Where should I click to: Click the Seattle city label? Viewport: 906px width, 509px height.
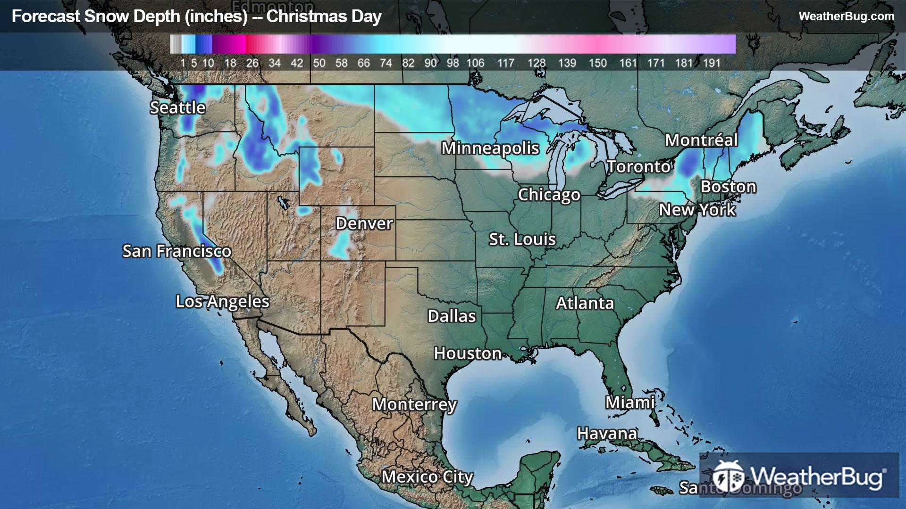coord(177,108)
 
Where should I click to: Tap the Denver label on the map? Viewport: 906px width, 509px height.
coord(364,223)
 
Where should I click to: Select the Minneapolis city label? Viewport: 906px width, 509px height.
coord(490,148)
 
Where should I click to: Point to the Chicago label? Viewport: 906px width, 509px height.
coord(549,195)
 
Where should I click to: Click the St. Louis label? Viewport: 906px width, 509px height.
coord(522,239)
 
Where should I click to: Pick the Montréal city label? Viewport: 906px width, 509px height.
coord(701,140)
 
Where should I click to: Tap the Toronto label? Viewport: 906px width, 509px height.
coord(638,166)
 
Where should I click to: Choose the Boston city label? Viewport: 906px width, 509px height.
coord(728,187)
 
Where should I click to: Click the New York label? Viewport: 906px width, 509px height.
coord(697,210)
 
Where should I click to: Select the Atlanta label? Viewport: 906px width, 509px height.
coord(585,303)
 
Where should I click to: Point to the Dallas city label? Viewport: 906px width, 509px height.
coord(452,316)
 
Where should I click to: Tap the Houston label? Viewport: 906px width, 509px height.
coord(467,353)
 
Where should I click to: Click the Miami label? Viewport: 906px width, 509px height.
coord(630,402)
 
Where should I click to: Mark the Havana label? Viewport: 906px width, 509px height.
coord(607,433)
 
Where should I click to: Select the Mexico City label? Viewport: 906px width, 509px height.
coord(427,477)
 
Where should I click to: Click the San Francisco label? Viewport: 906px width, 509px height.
coord(176,251)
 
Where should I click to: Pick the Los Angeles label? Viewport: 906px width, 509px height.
coord(222,302)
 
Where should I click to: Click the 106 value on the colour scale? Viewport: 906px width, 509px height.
coord(475,63)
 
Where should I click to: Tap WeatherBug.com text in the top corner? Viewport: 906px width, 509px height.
coord(846,16)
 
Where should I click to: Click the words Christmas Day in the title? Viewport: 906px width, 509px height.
coord(324,16)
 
